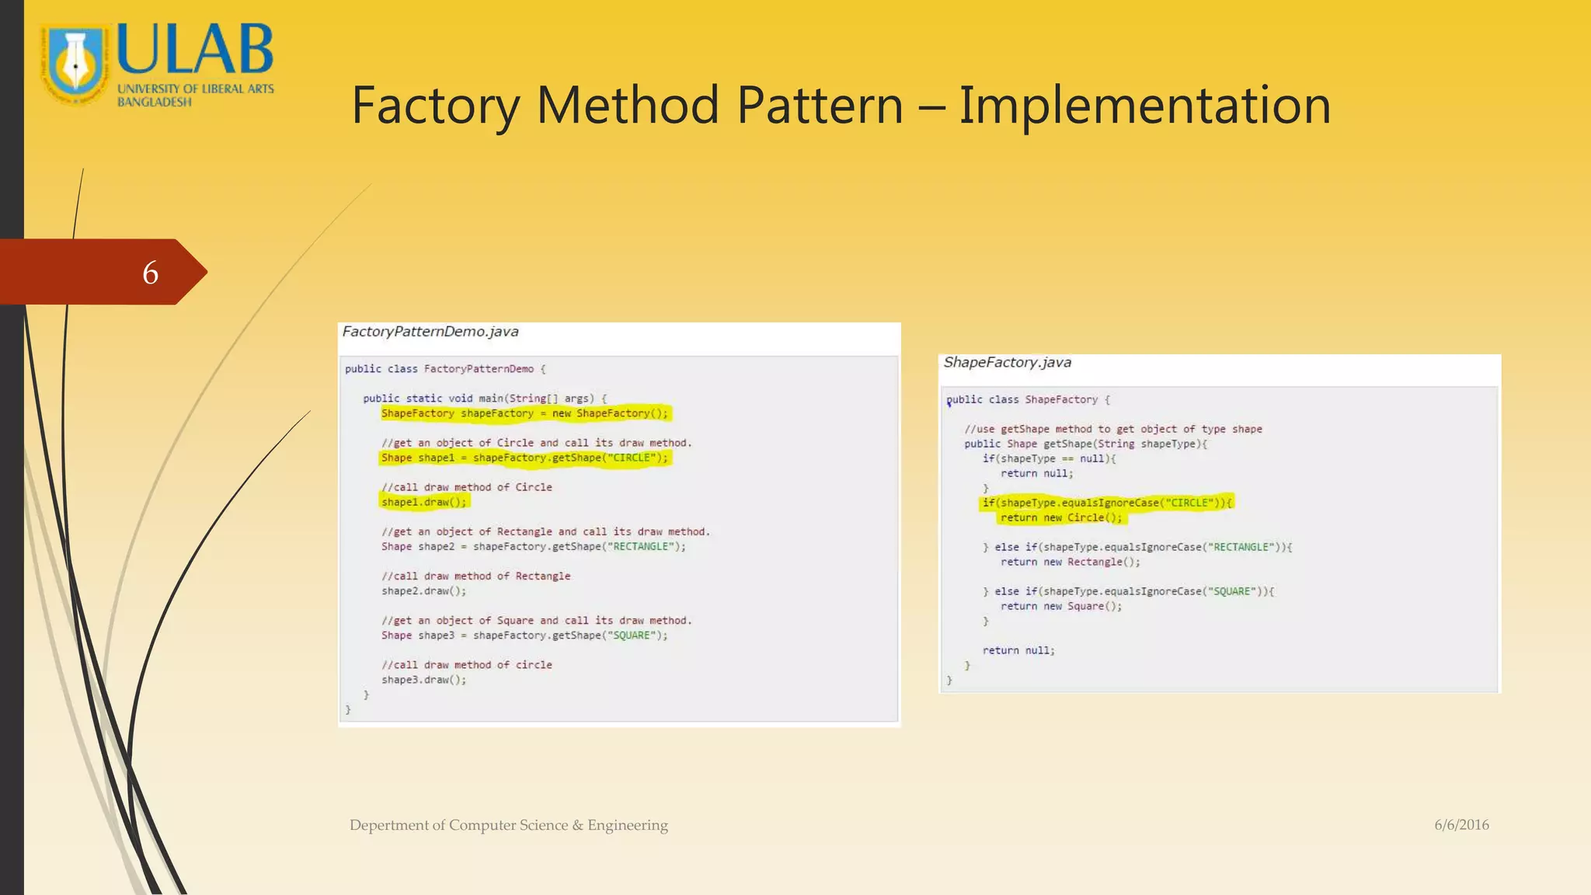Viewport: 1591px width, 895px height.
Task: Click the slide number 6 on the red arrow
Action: [151, 273]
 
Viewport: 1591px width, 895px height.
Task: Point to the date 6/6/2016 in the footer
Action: [1461, 825]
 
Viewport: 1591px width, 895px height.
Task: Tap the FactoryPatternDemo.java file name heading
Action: [430, 332]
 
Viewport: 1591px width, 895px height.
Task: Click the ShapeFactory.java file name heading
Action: [1007, 363]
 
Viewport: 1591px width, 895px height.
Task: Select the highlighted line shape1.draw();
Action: [424, 503]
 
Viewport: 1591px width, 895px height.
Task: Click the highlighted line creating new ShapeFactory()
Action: [524, 413]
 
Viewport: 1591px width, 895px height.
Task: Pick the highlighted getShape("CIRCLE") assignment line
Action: [524, 458]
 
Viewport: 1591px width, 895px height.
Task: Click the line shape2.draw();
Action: [424, 591]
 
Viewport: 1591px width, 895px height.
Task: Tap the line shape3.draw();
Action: [424, 680]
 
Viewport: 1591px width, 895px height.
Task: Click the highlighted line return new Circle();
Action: [1061, 518]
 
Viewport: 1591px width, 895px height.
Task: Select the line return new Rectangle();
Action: [1070, 562]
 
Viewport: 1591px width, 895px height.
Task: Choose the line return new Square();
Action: [1061, 607]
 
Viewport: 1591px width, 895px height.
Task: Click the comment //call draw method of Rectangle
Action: [476, 576]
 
